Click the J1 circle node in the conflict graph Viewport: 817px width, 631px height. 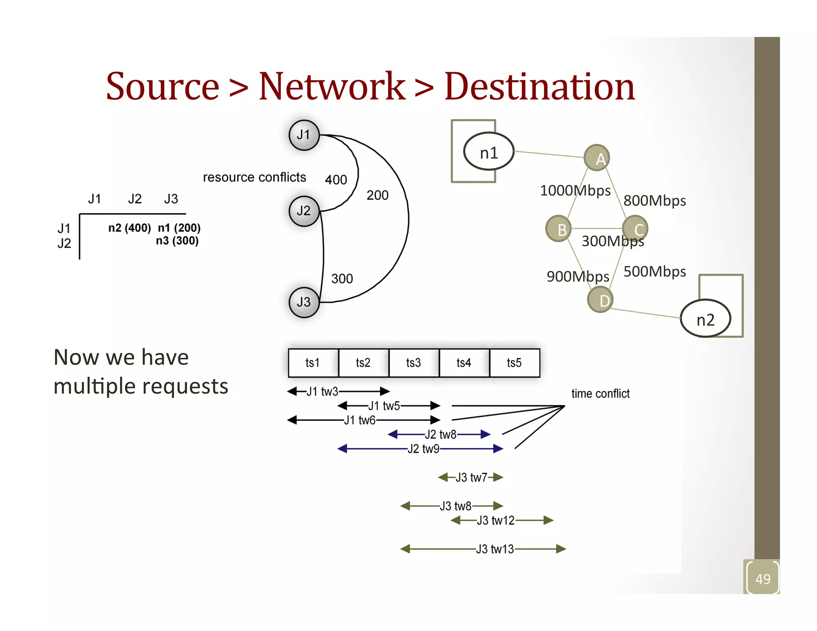click(304, 135)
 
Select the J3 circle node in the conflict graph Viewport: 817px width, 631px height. click(304, 302)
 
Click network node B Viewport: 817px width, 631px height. click(558, 229)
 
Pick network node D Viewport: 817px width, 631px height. click(600, 300)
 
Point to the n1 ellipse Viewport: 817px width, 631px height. click(489, 152)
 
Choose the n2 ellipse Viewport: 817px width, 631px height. click(705, 319)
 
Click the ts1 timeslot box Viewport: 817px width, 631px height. click(313, 363)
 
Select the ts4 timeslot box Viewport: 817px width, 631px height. click(464, 363)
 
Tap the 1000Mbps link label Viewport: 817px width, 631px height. click(575, 191)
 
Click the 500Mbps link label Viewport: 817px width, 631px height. click(655, 272)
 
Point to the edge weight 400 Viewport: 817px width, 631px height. click(336, 180)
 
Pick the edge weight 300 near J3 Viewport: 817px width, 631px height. click(342, 278)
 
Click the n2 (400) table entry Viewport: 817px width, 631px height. click(130, 228)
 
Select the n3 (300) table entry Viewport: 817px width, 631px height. click(177, 241)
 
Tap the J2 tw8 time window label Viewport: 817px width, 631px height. click(440, 434)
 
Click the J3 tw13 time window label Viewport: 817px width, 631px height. click(495, 549)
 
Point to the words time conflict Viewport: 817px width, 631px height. click(600, 394)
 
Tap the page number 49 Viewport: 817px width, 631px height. click(763, 579)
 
